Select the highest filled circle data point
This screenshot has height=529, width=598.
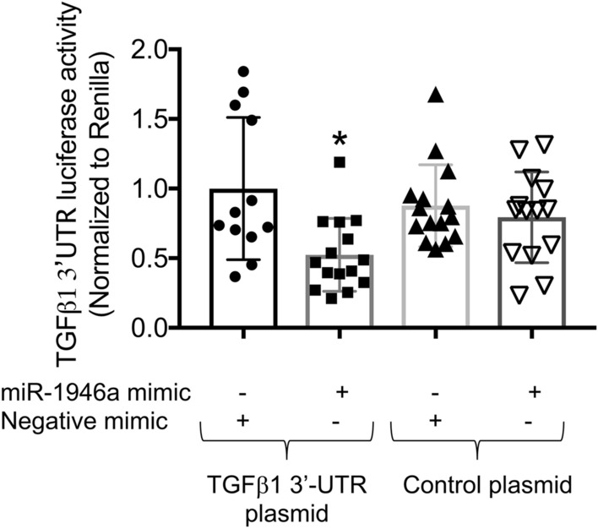tap(243, 72)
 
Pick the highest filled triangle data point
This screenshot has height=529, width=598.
tap(436, 95)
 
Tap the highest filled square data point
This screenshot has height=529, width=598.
tap(339, 162)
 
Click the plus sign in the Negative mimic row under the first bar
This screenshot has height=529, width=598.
tap(242, 420)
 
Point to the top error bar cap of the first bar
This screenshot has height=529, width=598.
tap(243, 117)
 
